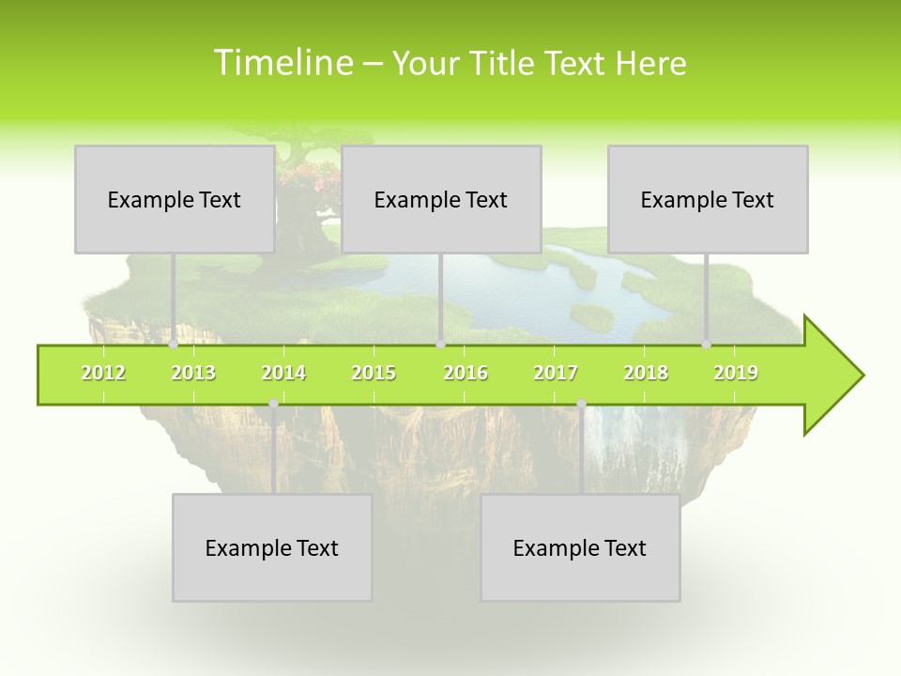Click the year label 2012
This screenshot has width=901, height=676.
pyautogui.click(x=103, y=373)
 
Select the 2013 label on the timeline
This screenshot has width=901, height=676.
pyautogui.click(x=193, y=373)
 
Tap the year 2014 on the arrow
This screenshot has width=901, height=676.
pyautogui.click(x=283, y=373)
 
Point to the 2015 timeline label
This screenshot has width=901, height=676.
pyautogui.click(x=374, y=373)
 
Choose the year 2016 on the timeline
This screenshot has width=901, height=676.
pyautogui.click(x=466, y=373)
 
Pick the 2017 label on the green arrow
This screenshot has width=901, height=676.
pyautogui.click(x=556, y=373)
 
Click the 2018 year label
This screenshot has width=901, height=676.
pyautogui.click(x=646, y=373)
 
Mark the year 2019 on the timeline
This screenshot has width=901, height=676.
pyautogui.click(x=736, y=373)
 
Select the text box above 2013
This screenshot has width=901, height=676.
pyautogui.click(x=175, y=199)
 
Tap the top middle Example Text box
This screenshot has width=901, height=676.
pyautogui.click(x=441, y=199)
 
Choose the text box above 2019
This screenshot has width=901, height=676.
pyautogui.click(x=708, y=199)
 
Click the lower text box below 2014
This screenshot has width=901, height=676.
pyautogui.click(x=272, y=547)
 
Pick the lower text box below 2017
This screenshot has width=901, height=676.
pyautogui.click(x=580, y=547)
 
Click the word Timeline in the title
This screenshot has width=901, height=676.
pyautogui.click(x=282, y=63)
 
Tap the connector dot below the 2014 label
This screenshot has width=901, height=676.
pyautogui.click(x=273, y=404)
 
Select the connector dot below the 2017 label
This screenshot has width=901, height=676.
pyautogui.click(x=581, y=404)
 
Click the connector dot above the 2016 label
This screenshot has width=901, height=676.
pyautogui.click(x=440, y=344)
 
